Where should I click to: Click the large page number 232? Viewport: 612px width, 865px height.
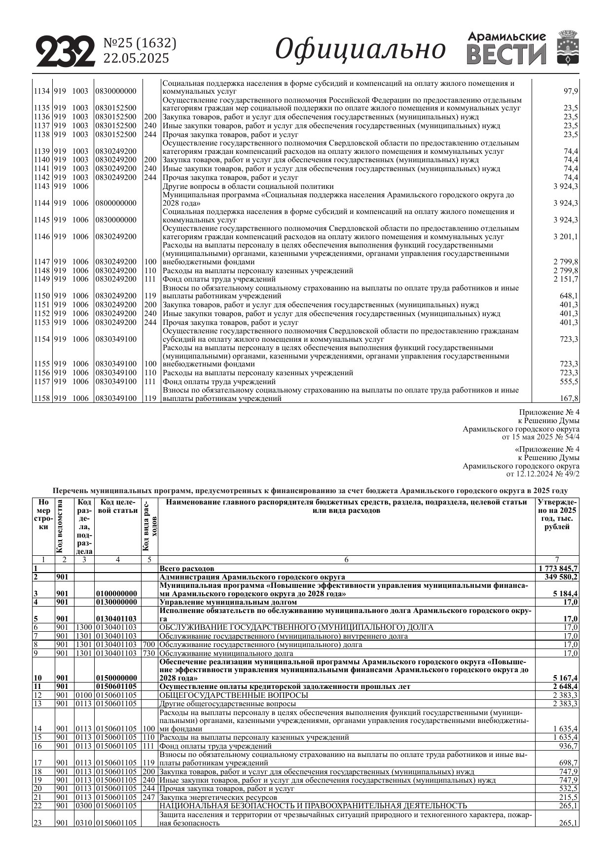click(66, 51)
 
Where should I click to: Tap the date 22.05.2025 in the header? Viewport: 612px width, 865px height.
click(136, 58)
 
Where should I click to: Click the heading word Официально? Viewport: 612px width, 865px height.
click(360, 49)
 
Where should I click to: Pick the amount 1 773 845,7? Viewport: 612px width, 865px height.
click(558, 568)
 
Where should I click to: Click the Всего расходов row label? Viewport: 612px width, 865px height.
click(187, 568)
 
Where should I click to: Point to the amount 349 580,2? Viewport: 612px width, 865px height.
click(561, 577)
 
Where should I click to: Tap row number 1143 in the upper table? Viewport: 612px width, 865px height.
click(41, 186)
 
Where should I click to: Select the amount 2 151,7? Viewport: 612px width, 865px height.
click(566, 279)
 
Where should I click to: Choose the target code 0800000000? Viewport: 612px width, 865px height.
click(116, 203)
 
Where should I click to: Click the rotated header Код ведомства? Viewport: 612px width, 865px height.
click(60, 526)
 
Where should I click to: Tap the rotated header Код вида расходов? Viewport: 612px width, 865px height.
click(149, 526)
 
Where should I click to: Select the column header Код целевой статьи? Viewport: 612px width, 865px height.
click(117, 506)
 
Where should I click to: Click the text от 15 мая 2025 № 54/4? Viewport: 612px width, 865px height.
click(540, 437)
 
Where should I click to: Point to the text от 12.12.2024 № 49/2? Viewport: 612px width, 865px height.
click(543, 474)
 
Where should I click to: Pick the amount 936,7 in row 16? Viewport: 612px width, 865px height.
click(568, 746)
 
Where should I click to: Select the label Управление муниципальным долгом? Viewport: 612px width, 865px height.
click(228, 602)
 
